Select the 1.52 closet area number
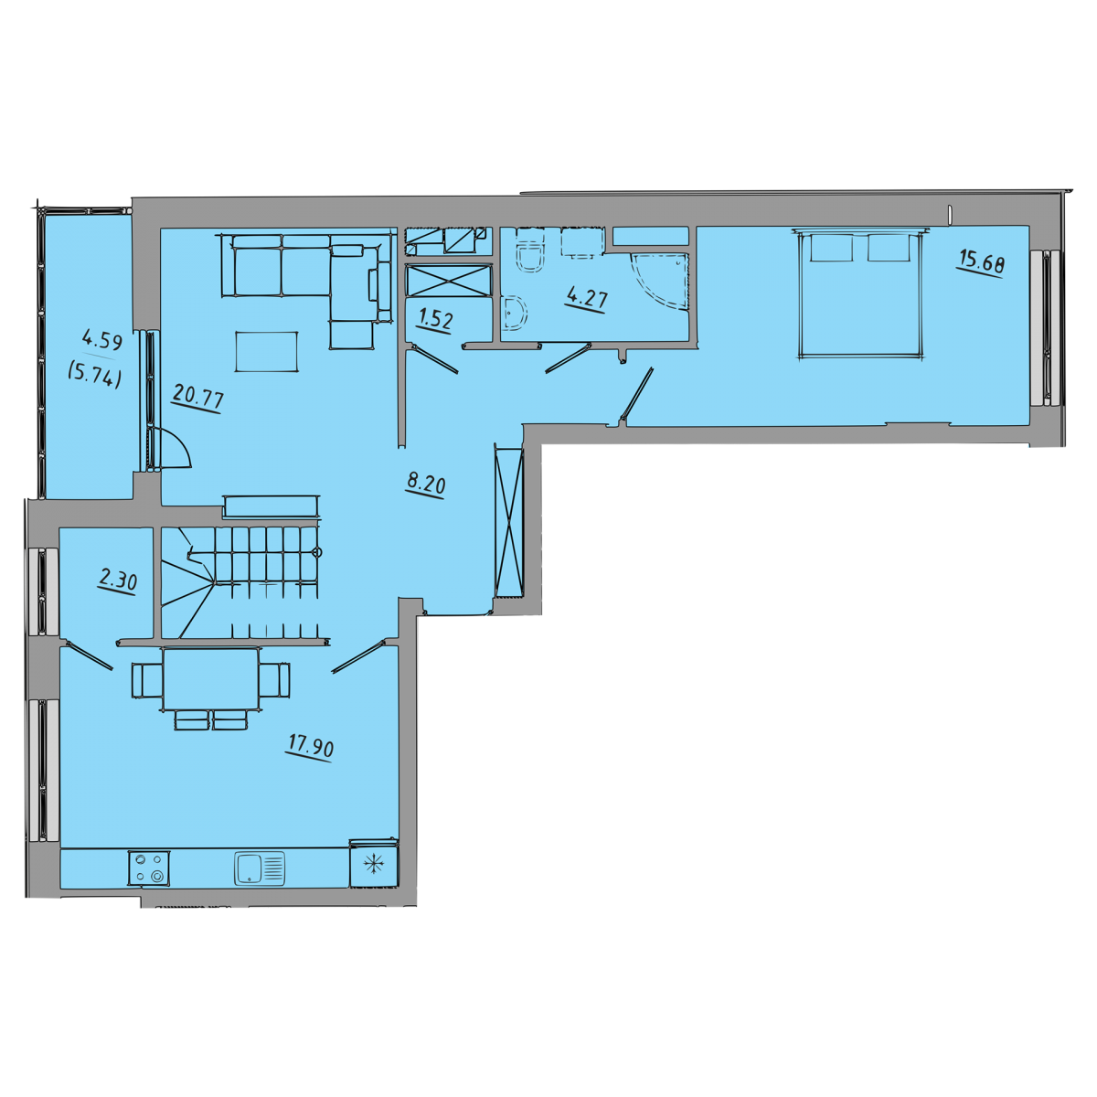pyautogui.click(x=434, y=321)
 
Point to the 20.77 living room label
pyautogui.click(x=197, y=397)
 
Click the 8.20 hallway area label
pyautogui.click(x=426, y=485)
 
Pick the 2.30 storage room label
pyautogui.click(x=117, y=581)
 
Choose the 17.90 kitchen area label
pyautogui.click(x=310, y=747)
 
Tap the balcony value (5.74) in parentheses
pyautogui.click(x=94, y=376)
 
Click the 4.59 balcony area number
pyautogui.click(x=102, y=342)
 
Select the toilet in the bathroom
pyautogui.click(x=530, y=252)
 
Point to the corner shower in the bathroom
pyautogui.click(x=660, y=282)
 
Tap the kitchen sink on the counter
pyautogui.click(x=260, y=868)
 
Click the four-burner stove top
pyautogui.click(x=149, y=868)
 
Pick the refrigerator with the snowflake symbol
pyautogui.click(x=374, y=865)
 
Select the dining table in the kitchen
pyautogui.click(x=210, y=679)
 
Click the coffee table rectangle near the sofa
pyautogui.click(x=266, y=352)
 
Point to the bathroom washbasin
pyautogui.click(x=515, y=314)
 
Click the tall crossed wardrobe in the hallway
pyautogui.click(x=509, y=522)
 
